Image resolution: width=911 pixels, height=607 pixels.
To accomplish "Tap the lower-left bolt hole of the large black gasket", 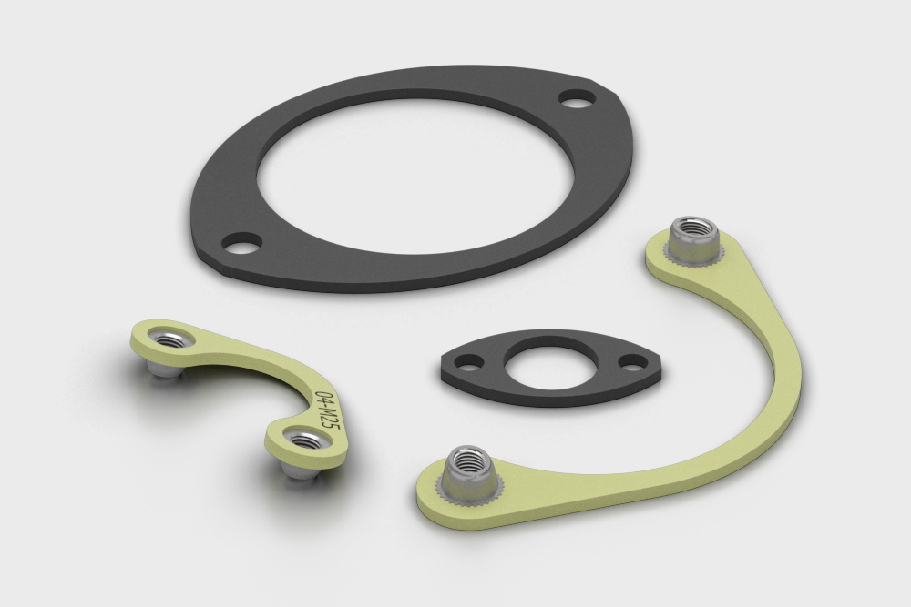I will (x=243, y=243).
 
